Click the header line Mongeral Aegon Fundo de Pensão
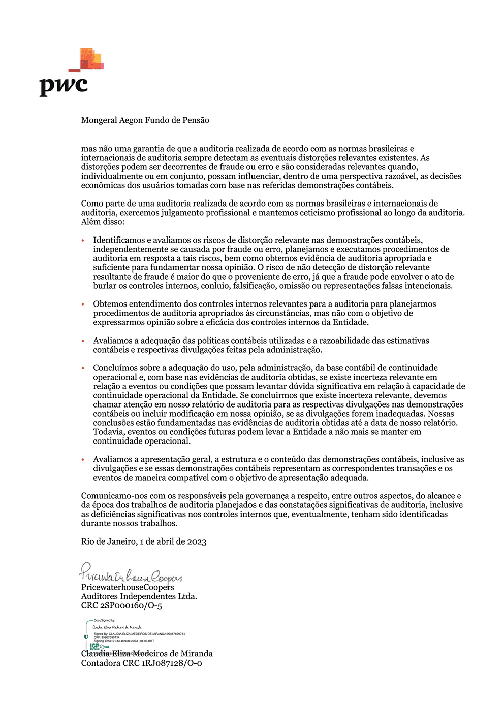pos(145,120)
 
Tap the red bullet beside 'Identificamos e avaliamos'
pos(83,240)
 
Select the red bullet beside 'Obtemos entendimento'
pos(83,304)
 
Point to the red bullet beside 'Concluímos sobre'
pos(83,368)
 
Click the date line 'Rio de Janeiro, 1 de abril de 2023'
pos(144,541)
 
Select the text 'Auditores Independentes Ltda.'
pos(139,596)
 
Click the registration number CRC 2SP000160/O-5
pos(121,605)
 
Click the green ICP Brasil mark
pos(97,647)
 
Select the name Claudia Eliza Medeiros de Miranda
pos(147,654)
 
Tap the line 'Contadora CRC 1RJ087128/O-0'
pos(141,663)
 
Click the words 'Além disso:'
pos(103,222)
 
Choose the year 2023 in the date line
pos(197,541)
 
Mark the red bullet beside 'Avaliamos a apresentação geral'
pos(83,459)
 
